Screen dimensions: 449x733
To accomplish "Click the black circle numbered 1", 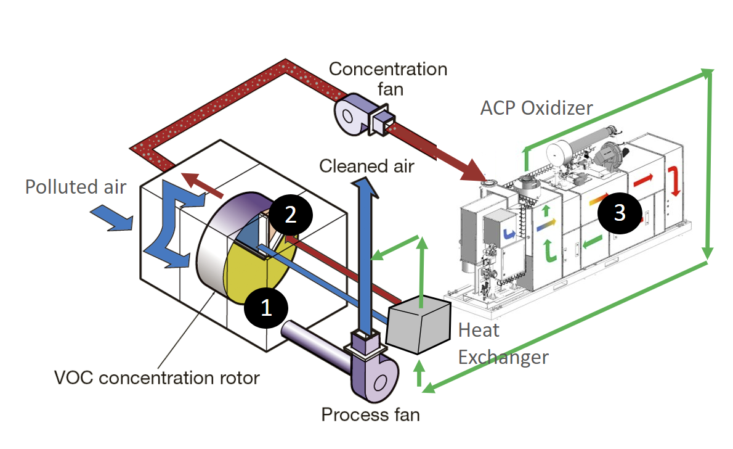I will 266,307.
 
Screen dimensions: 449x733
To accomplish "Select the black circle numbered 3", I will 619,212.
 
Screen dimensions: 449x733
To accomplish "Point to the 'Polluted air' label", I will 76,186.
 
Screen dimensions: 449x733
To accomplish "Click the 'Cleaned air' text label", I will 367,165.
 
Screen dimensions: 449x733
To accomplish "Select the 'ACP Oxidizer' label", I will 536,109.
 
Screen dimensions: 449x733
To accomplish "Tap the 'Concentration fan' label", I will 388,78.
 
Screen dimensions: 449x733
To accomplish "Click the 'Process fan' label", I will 370,414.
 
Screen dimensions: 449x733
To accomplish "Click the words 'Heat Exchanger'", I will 502,343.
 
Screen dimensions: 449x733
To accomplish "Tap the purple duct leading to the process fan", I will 314,342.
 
